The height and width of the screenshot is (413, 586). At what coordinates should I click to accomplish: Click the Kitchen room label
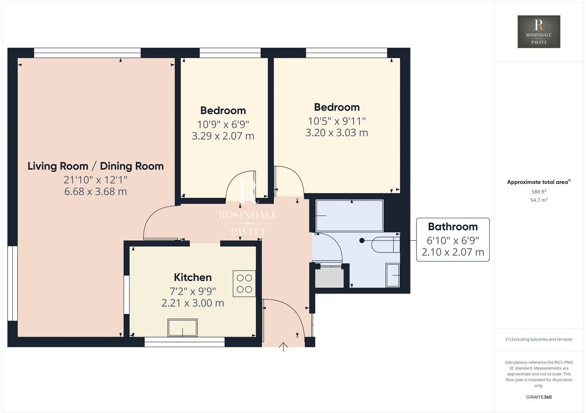tap(193, 278)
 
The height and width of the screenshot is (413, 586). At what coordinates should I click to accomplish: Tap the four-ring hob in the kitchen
tap(244, 283)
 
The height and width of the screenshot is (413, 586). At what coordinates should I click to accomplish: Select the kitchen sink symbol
tap(182, 328)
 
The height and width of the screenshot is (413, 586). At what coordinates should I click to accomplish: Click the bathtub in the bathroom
tap(349, 216)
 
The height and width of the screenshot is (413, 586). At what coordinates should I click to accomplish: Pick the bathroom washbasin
tap(393, 275)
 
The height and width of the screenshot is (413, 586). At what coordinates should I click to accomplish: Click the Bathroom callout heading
tap(453, 227)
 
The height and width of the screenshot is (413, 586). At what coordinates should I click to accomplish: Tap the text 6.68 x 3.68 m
tap(96, 191)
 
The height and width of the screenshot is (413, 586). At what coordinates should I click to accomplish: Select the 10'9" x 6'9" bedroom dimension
tap(223, 124)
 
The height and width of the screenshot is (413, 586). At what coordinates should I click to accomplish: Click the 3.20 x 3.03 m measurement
tap(337, 133)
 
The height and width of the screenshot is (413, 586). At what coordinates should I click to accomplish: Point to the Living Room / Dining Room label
tap(96, 166)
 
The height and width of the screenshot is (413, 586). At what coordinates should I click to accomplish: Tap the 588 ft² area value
tap(539, 191)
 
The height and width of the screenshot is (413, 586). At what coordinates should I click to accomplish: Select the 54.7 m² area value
tap(539, 200)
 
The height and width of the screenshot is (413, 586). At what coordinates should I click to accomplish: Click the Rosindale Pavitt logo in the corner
tap(539, 31)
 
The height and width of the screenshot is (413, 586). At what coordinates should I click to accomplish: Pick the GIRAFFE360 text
tap(539, 397)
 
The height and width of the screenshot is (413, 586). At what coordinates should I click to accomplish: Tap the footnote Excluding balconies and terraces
tap(539, 339)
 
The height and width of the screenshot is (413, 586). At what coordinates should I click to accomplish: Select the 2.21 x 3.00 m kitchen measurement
tap(193, 303)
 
